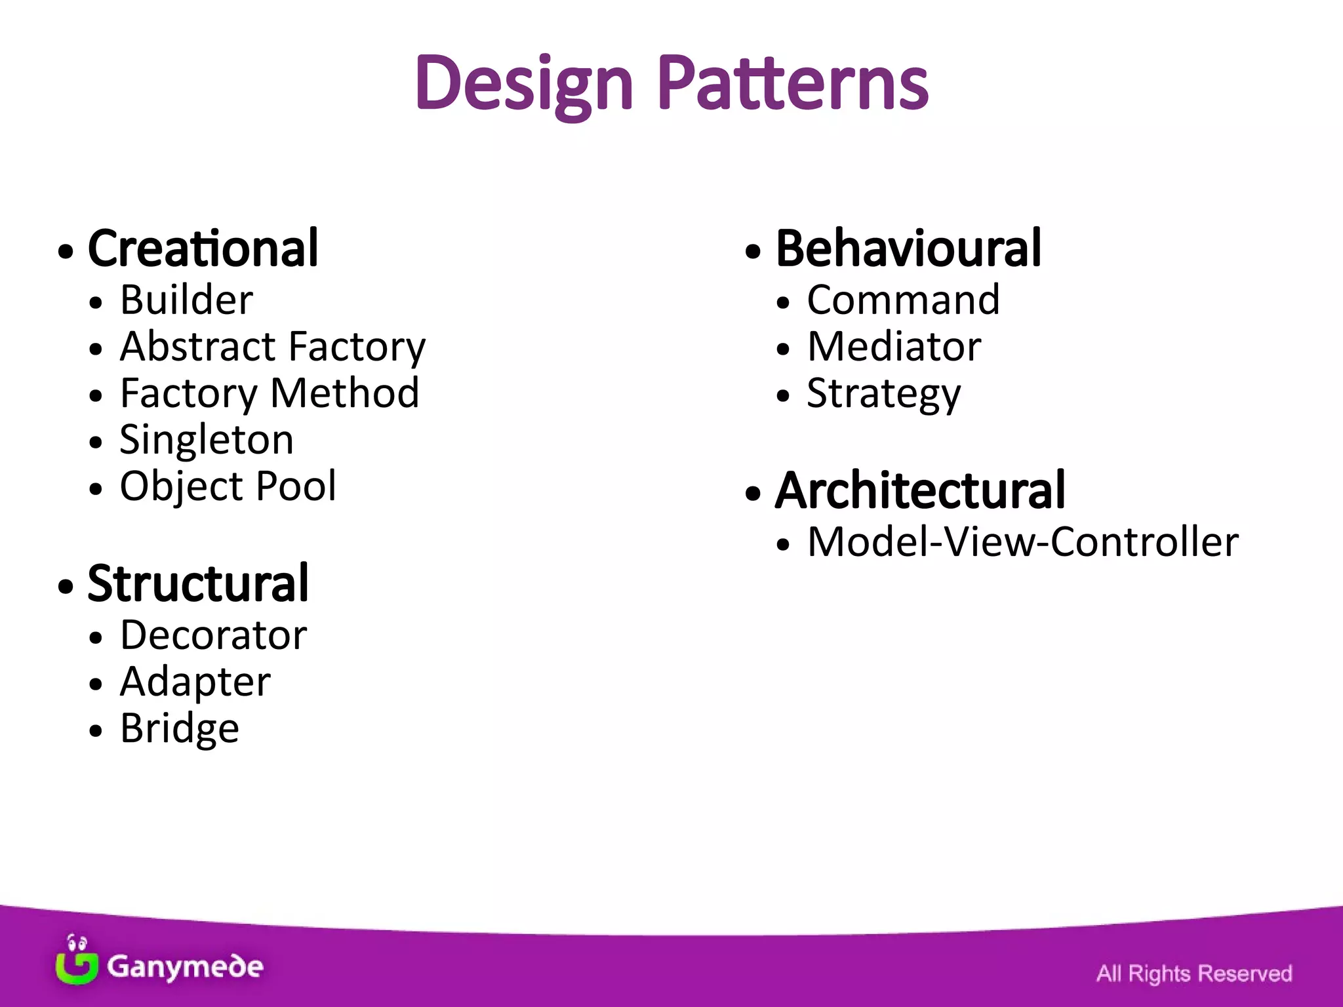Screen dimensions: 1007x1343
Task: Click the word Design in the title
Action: (525, 84)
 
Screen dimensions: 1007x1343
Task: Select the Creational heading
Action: (203, 248)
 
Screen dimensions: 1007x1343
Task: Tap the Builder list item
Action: (186, 300)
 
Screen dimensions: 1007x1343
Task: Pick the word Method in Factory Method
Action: (344, 393)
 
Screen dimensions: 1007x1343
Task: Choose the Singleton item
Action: (207, 439)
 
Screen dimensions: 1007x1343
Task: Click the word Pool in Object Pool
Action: (296, 486)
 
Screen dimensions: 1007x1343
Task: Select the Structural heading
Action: (198, 583)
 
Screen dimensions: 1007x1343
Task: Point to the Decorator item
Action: (213, 635)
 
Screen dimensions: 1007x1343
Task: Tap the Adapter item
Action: (195, 682)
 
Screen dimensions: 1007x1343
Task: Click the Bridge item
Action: (180, 728)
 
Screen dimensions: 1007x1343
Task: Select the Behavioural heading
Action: (908, 248)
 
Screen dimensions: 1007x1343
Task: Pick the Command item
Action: (903, 300)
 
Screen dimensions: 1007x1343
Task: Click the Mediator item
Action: (894, 346)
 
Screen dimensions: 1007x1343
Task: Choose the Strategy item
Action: (883, 393)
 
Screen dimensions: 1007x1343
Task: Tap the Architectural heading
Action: (920, 490)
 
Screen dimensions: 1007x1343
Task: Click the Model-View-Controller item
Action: (1022, 542)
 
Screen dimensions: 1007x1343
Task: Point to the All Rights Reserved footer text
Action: (1193, 974)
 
